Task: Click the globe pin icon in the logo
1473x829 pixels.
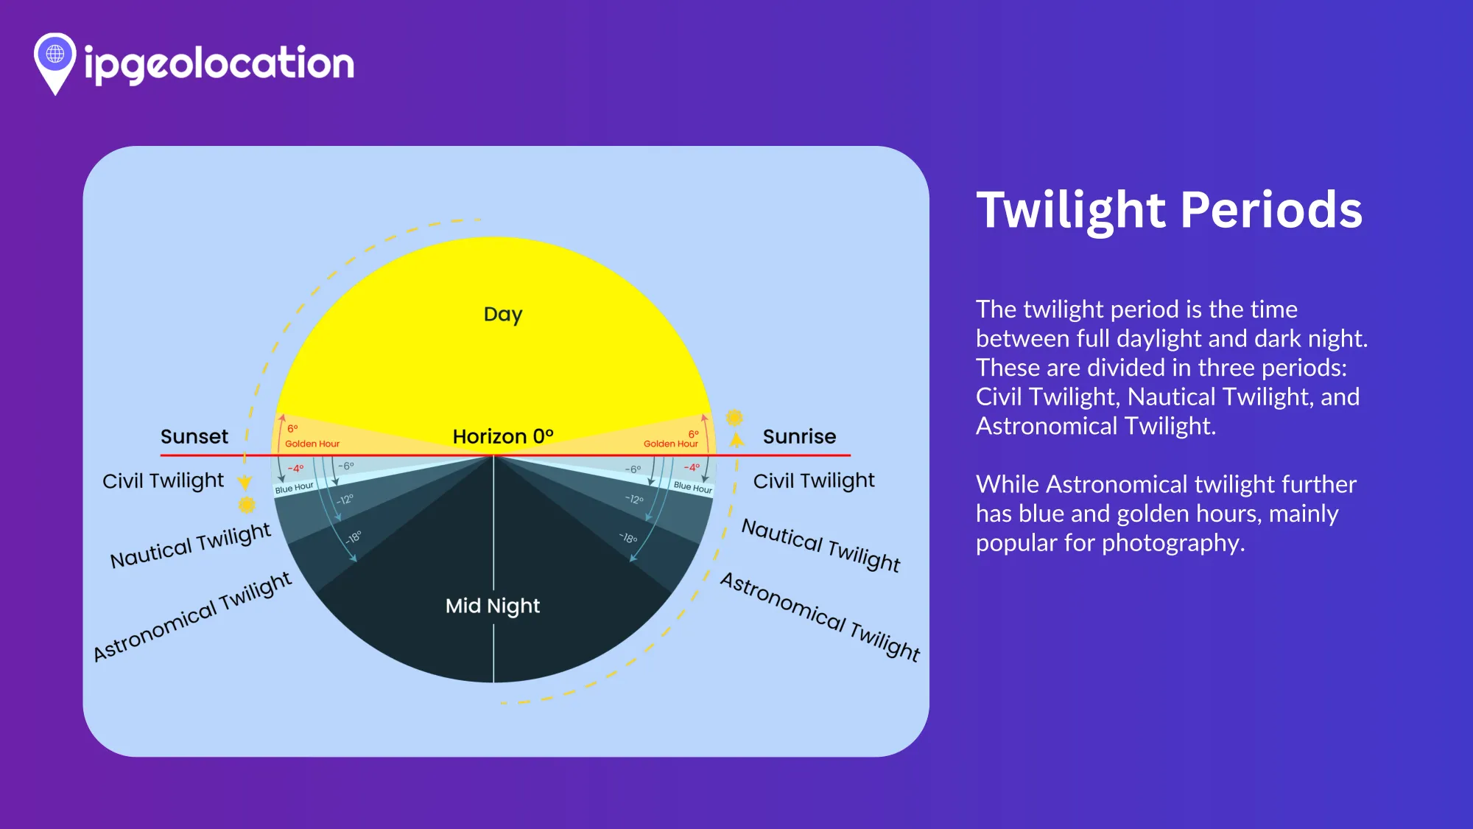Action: [55, 63]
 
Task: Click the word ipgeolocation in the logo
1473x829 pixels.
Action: [219, 63]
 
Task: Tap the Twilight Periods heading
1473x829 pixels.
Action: [1169, 211]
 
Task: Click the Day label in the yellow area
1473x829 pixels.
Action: [503, 315]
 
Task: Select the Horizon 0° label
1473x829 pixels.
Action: [503, 436]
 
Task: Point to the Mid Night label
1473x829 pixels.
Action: [493, 606]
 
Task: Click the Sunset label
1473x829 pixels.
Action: [194, 436]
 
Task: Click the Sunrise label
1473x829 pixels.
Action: [799, 436]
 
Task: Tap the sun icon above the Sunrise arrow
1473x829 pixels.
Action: [734, 418]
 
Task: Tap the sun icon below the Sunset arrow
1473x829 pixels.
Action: [247, 505]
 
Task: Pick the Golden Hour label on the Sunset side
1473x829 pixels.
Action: [312, 444]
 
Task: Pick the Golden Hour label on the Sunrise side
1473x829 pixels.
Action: [670, 444]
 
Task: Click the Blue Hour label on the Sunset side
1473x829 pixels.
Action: [295, 488]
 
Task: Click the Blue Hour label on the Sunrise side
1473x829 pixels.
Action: [693, 487]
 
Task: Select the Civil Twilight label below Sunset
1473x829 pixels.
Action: [163, 480]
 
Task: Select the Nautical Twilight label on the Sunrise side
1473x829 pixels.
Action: [821, 545]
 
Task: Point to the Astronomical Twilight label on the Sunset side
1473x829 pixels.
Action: [193, 617]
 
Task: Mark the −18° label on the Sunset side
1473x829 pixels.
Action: [353, 537]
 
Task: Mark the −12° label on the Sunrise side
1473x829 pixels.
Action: [634, 499]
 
